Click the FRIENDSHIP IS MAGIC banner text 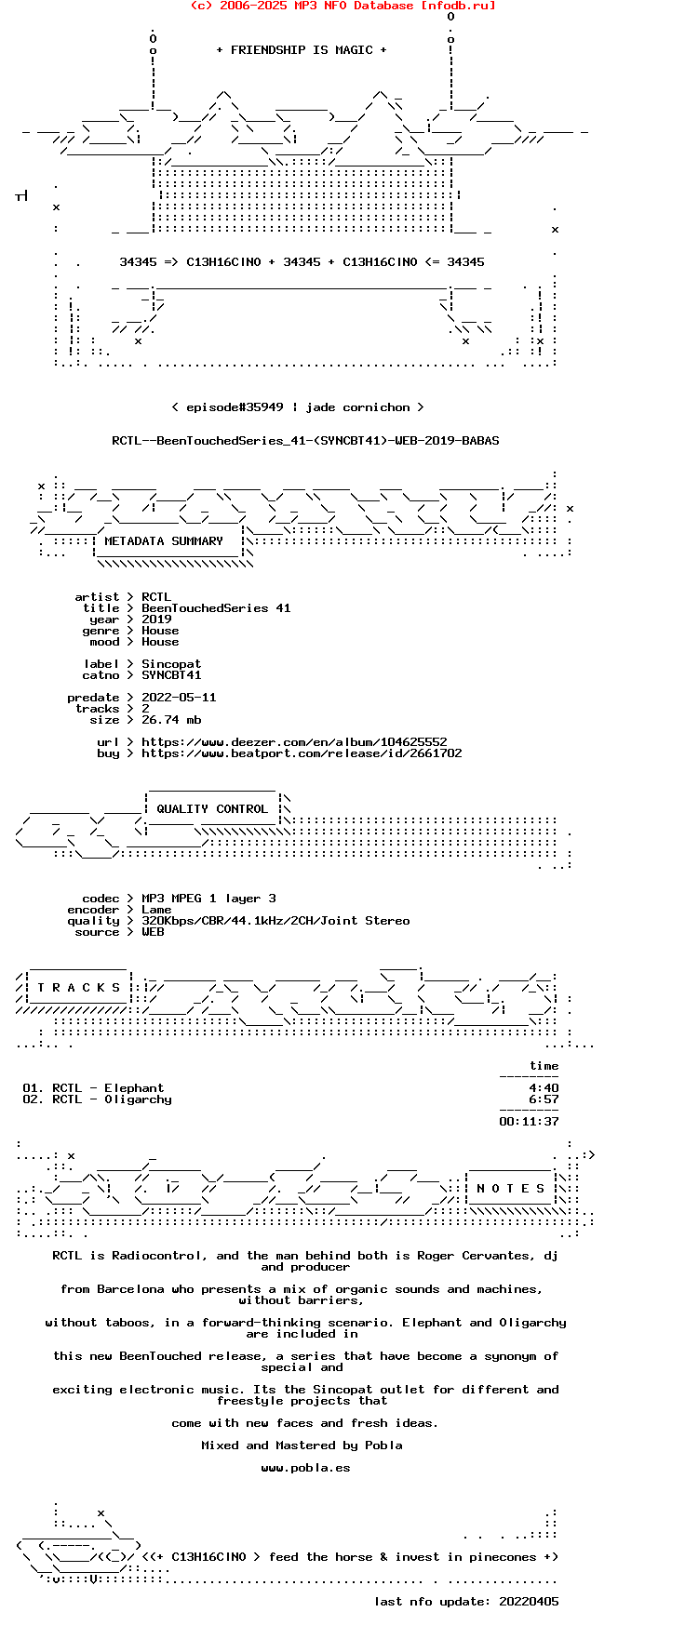tap(301, 50)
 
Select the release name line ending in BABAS tap(305, 441)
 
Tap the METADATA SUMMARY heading tap(164, 541)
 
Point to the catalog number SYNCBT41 tap(171, 675)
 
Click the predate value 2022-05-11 tap(179, 698)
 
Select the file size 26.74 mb tap(171, 720)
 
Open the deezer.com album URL tap(294, 742)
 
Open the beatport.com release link tap(302, 753)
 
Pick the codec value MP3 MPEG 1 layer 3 tap(208, 899)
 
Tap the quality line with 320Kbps tap(275, 921)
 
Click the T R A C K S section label tap(79, 988)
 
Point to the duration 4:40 tap(544, 1088)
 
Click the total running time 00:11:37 tap(529, 1122)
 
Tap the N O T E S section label tap(511, 1189)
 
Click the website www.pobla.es tap(305, 1468)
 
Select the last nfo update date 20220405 tap(529, 1602)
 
